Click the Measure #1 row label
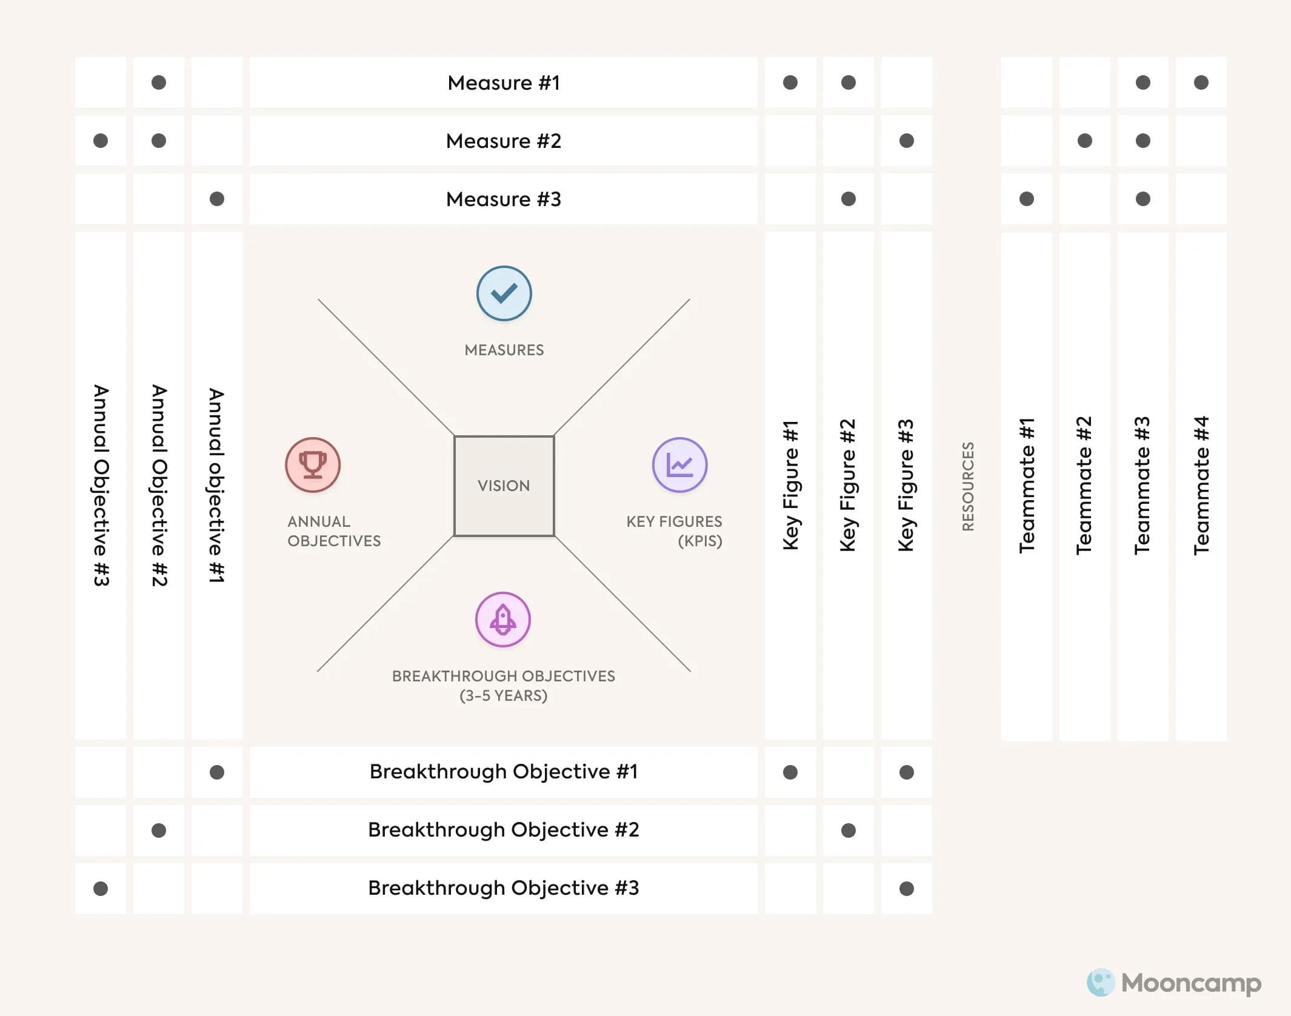(x=503, y=82)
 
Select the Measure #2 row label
(x=503, y=141)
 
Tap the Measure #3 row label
(x=503, y=199)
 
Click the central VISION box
(x=504, y=486)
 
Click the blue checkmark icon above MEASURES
(x=504, y=293)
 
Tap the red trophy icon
(x=313, y=465)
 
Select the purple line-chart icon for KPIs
(x=679, y=465)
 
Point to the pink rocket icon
(x=502, y=620)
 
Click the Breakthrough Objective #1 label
(x=503, y=772)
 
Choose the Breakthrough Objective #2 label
(x=503, y=830)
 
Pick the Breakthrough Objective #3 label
(x=503, y=888)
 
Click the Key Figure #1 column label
(x=790, y=486)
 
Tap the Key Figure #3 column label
(x=906, y=486)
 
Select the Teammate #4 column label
(x=1201, y=486)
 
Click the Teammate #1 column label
(x=1027, y=486)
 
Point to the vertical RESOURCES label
(x=968, y=486)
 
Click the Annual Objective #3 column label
(x=101, y=486)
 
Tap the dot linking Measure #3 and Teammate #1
(x=1027, y=199)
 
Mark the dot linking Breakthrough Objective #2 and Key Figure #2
(x=849, y=830)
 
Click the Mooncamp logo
(x=1174, y=983)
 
